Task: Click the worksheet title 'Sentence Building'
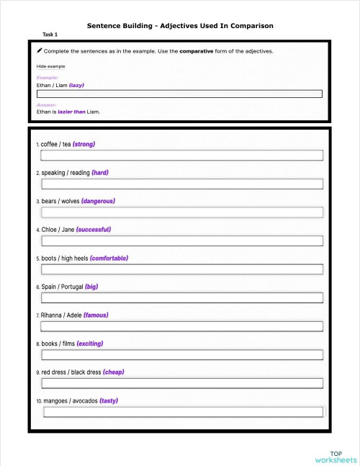pyautogui.click(x=179, y=25)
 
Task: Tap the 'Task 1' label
pyautogui.click(x=50, y=35)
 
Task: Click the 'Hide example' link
pyautogui.click(x=50, y=66)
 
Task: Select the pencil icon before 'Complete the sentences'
pyautogui.click(x=40, y=51)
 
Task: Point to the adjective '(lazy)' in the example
pyautogui.click(x=77, y=85)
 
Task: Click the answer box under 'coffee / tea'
pyautogui.click(x=181, y=155)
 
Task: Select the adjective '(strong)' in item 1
pyautogui.click(x=84, y=144)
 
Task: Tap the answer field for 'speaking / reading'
pyautogui.click(x=181, y=184)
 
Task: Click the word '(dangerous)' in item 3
pyautogui.click(x=97, y=201)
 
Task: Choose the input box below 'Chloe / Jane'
pyautogui.click(x=181, y=241)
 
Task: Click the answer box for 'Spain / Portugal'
pyautogui.click(x=181, y=297)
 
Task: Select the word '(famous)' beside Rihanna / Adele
pyautogui.click(x=96, y=315)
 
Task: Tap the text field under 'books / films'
pyautogui.click(x=181, y=354)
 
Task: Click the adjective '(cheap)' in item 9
pyautogui.click(x=113, y=372)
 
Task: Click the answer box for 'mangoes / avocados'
pyautogui.click(x=183, y=412)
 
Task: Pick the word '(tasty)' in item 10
pyautogui.click(x=109, y=400)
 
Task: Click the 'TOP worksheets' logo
pyautogui.click(x=336, y=457)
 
